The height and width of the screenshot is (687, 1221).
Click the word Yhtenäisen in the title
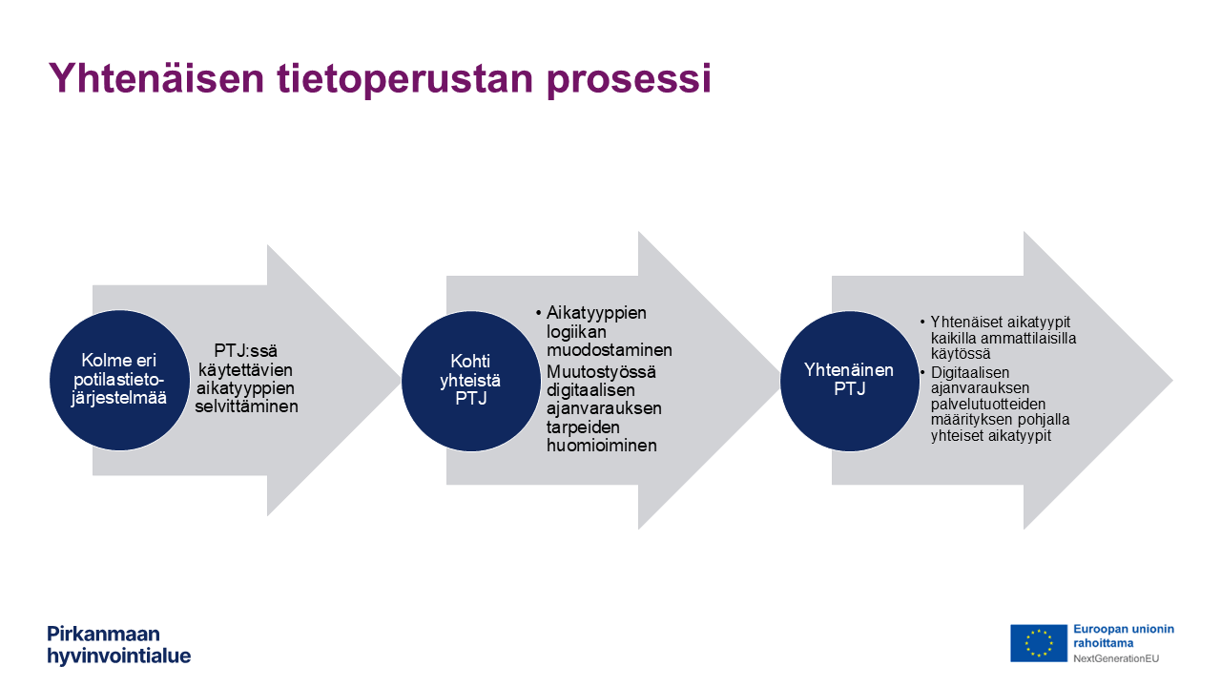click(156, 78)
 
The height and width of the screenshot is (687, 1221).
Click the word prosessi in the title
click(629, 79)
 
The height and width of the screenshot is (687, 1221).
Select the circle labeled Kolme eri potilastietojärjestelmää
click(119, 380)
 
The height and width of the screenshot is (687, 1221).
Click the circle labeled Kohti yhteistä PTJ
click(471, 381)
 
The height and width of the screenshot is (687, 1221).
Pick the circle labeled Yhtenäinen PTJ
click(849, 381)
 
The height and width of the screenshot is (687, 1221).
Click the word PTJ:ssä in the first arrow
click(245, 350)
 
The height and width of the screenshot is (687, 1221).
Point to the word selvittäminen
click(246, 406)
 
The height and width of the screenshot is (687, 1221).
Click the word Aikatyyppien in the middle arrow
click(596, 314)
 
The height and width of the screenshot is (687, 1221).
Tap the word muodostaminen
click(610, 350)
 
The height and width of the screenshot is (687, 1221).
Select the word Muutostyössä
click(601, 372)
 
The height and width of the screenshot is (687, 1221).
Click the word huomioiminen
click(602, 446)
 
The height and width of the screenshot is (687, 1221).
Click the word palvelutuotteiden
click(988, 404)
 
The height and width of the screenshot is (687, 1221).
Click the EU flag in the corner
click(1039, 643)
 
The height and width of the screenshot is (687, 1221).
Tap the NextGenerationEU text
click(1116, 658)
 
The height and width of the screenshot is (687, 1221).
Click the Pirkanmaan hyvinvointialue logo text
click(119, 644)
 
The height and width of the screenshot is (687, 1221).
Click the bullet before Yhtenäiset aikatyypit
click(922, 323)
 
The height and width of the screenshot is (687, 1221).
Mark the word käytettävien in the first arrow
click(245, 369)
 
